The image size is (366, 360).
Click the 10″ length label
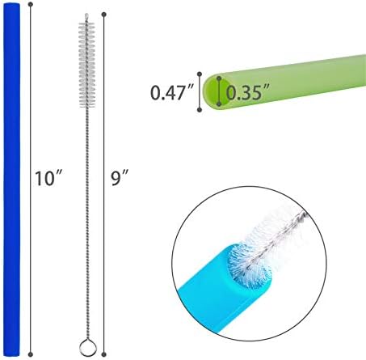49,178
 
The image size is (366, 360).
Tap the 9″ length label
120,177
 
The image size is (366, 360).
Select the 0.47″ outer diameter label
172,92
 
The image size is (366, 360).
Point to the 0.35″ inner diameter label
248,92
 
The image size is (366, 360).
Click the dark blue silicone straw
12,179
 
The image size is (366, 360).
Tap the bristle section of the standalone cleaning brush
86,65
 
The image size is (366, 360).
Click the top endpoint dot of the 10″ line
31,4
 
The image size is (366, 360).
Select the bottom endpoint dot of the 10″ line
31,354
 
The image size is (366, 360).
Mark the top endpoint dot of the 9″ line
104,14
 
